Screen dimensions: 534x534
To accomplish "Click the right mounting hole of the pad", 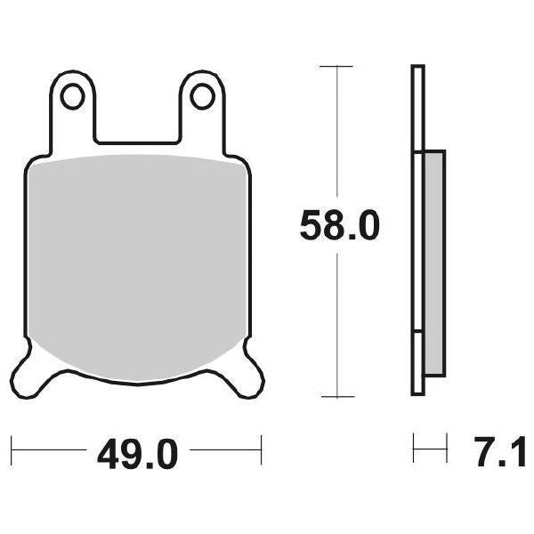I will [202, 93].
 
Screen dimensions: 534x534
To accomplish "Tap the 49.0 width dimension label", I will [137, 454].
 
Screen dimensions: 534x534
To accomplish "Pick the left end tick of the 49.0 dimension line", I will [12, 448].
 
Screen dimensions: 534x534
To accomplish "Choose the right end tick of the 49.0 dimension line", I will [260, 448].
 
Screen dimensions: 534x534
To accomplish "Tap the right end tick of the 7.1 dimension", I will [446, 448].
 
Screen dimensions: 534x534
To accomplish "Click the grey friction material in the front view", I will [138, 258].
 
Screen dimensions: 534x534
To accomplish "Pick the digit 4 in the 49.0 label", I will [107, 454].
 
